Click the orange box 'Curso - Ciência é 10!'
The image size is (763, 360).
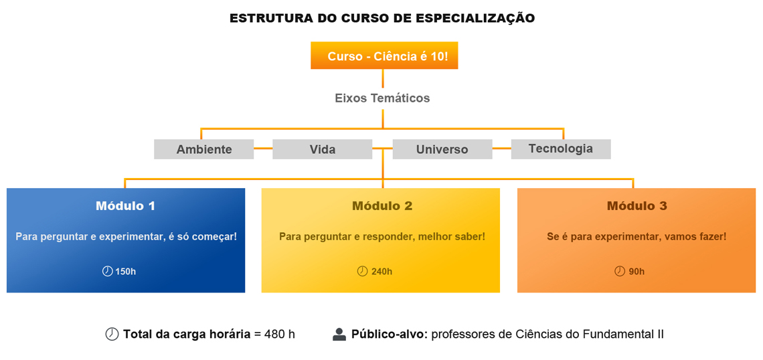[384, 56]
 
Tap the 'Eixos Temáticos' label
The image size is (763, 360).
[382, 98]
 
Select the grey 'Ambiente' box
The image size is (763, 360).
[204, 149]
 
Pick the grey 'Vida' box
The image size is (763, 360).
[322, 149]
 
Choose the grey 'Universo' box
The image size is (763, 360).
[442, 149]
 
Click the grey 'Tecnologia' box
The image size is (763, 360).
[561, 149]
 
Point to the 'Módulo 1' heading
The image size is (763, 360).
[126, 206]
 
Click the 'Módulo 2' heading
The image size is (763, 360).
[382, 206]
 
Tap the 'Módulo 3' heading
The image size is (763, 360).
[637, 206]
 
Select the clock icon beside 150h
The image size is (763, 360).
[108, 271]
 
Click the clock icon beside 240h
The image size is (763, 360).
[363, 271]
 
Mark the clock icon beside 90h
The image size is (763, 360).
[620, 271]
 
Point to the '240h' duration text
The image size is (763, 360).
[381, 272]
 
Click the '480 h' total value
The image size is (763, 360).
[280, 335]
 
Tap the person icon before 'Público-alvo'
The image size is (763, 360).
[339, 334]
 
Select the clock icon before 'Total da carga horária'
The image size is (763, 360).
[112, 334]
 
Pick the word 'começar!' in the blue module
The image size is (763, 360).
[216, 237]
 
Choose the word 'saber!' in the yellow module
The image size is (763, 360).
[471, 237]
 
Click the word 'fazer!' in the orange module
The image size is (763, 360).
[713, 237]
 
